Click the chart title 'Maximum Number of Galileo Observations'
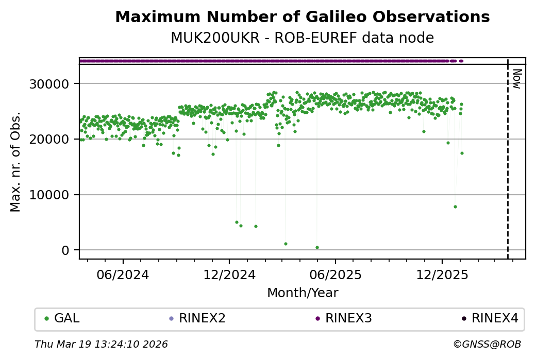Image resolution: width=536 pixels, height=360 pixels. coord(302,17)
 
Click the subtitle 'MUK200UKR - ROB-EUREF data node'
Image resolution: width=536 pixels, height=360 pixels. coord(302,38)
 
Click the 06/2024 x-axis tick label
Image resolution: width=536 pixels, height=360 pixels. coord(123,275)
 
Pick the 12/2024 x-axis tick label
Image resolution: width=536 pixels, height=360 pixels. coord(229,275)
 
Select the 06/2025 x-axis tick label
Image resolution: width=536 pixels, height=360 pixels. coord(335,275)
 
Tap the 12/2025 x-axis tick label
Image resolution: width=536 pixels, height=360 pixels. coord(442,275)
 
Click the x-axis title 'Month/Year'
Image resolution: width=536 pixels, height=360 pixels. coord(303,293)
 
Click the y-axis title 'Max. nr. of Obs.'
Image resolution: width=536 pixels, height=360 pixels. coord(15,161)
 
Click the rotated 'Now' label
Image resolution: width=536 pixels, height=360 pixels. coord(517,78)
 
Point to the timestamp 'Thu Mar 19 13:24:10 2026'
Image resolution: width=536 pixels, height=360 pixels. coord(101,344)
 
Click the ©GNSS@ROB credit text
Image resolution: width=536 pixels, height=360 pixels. coord(487,344)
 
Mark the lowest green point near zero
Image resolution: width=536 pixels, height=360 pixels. coord(317,247)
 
